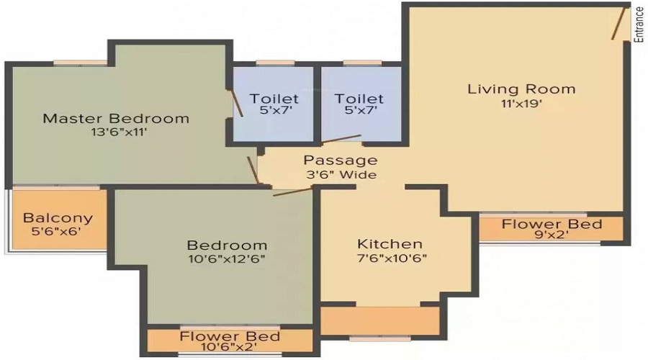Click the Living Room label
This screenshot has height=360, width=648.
[521, 89]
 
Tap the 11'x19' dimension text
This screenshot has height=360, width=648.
[521, 104]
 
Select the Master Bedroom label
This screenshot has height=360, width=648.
[116, 118]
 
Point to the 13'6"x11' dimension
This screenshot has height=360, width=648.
[116, 132]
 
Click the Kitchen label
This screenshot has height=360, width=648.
[390, 244]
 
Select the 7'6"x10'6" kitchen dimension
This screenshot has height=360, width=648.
[390, 258]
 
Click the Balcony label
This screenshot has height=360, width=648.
[58, 218]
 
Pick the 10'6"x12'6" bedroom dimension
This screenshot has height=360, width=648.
[228, 259]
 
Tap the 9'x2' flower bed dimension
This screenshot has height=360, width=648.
[552, 235]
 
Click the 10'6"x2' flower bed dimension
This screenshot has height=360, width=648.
[230, 347]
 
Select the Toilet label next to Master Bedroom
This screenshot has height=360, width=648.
[274, 99]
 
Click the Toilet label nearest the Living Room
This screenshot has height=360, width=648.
[360, 99]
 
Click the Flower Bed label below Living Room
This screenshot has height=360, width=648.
[552, 224]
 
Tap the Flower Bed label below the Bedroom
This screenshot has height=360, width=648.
[230, 336]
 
